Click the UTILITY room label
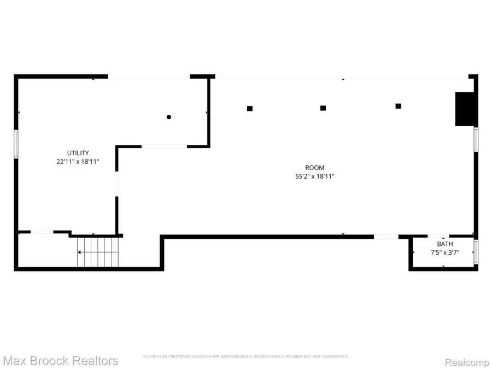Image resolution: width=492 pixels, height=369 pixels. [x=78, y=153]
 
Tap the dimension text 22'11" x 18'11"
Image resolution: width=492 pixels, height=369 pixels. [x=78, y=162]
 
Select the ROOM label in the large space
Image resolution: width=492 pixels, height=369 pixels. [x=315, y=168]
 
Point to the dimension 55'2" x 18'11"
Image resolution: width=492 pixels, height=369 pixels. [x=315, y=177]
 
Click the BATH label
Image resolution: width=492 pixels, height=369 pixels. [x=444, y=243]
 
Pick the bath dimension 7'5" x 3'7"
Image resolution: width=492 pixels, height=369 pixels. [x=444, y=252]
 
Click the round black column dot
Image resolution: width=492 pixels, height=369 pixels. [x=169, y=117]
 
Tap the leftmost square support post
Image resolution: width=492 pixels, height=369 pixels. [x=250, y=108]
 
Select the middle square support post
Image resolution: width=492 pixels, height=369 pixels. [x=323, y=108]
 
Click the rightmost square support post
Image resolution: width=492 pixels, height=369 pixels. [x=399, y=106]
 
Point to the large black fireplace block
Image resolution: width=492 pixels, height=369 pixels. [x=464, y=109]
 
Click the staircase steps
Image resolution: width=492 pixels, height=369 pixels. [x=98, y=252]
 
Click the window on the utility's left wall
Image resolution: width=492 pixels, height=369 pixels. [x=16, y=144]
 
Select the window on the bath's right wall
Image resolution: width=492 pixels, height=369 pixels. [x=477, y=251]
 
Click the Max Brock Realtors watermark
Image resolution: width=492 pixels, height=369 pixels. [x=61, y=361]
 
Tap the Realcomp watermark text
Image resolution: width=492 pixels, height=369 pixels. [x=464, y=361]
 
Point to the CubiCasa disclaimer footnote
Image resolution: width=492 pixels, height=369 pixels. [x=245, y=356]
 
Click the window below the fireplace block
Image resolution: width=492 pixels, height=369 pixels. [x=476, y=139]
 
